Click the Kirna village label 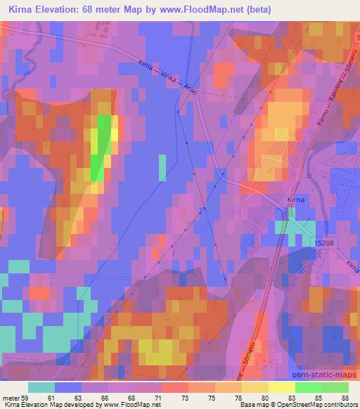pos(295,200)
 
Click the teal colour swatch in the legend pos(41,387)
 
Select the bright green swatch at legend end pos(335,387)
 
